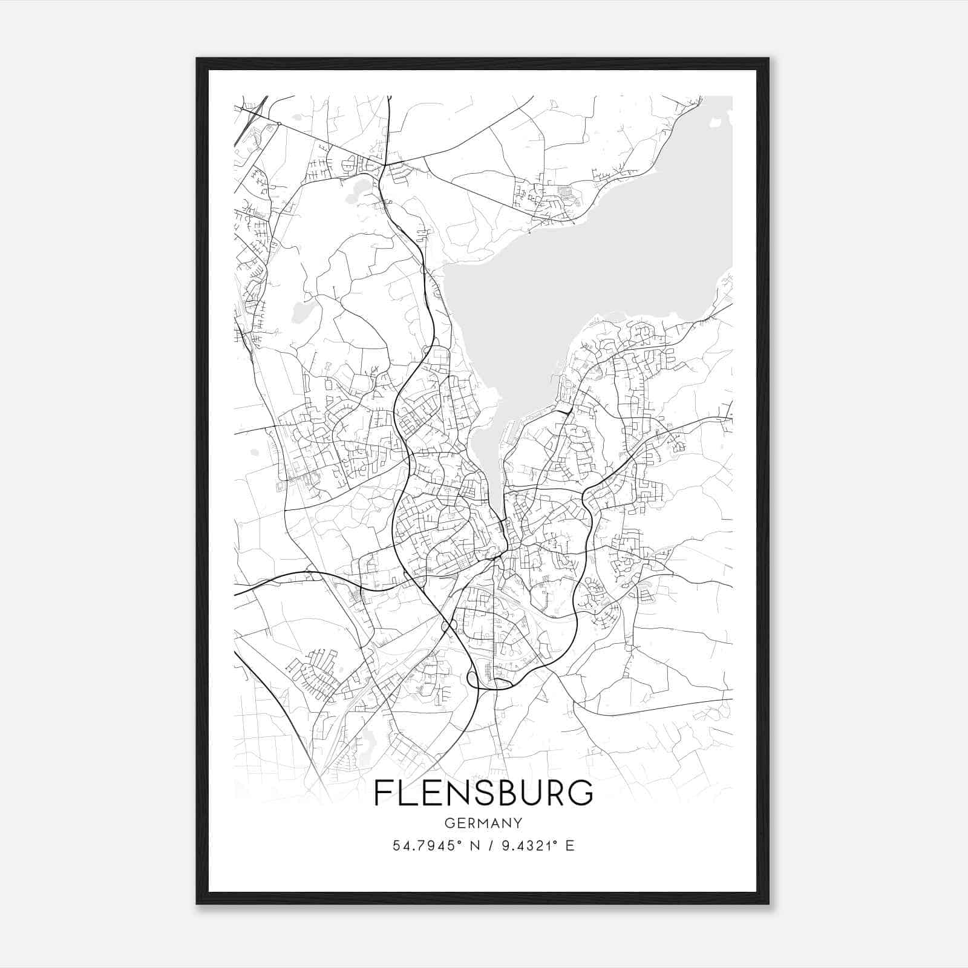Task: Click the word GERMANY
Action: (483, 823)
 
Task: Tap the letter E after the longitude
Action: (569, 846)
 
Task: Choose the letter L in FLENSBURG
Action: (406, 793)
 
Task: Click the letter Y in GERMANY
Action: (518, 823)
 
